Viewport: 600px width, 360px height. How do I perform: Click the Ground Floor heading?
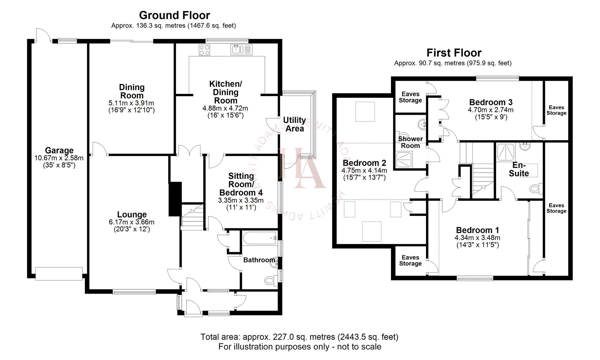pyautogui.click(x=174, y=15)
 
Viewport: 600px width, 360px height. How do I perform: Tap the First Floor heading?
pyautogui.click(x=454, y=53)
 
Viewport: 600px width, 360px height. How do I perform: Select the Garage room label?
pyautogui.click(x=59, y=150)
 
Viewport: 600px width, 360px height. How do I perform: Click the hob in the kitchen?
pyautogui.click(x=204, y=50)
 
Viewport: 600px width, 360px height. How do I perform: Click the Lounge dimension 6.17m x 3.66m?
pyautogui.click(x=131, y=222)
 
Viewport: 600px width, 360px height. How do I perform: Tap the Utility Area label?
pyautogui.click(x=294, y=124)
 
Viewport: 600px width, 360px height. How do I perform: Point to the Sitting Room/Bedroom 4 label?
pyautogui.click(x=241, y=184)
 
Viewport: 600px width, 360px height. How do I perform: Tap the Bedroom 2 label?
pyautogui.click(x=364, y=163)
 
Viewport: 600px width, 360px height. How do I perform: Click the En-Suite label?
pyautogui.click(x=519, y=169)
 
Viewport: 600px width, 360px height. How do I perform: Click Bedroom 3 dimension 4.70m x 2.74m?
pyautogui.click(x=491, y=110)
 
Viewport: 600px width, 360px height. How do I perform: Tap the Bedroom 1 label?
pyautogui.click(x=477, y=230)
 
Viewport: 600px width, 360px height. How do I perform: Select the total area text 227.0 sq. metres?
pyautogui.click(x=299, y=337)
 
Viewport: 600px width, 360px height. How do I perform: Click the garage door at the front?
pyautogui.click(x=59, y=273)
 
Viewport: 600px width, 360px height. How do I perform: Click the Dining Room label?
pyautogui.click(x=132, y=91)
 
